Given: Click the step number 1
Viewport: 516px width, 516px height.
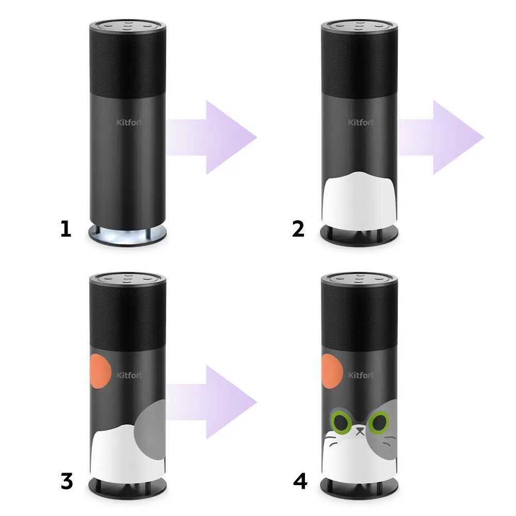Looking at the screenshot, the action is pos(66,229).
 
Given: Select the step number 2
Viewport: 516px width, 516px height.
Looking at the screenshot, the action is pos(298,229).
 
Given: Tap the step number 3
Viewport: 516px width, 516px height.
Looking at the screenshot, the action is pos(67,482).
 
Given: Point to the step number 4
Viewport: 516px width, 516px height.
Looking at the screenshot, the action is pos(300,482).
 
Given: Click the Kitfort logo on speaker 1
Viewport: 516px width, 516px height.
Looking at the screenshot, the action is pos(130,122).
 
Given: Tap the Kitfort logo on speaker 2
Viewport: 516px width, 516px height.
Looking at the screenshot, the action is pos(361,122).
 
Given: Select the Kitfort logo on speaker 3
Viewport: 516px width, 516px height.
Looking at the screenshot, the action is pos(130,375).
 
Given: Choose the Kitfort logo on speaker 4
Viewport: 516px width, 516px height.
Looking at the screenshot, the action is pos(361,375).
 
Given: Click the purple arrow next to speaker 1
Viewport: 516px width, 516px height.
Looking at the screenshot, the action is pos(211,137).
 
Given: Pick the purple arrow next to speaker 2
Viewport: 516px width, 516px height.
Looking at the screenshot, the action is pos(441,137).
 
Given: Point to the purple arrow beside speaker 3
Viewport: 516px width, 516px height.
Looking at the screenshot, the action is pos(211,402).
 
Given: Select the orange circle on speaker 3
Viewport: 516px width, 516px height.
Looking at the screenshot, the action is pos(101,370).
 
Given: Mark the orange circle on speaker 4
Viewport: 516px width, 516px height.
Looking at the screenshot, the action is pos(332,370).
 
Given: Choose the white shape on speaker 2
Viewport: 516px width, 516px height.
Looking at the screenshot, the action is pos(359,200).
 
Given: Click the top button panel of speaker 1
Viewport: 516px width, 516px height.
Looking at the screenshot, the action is pos(127,26).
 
